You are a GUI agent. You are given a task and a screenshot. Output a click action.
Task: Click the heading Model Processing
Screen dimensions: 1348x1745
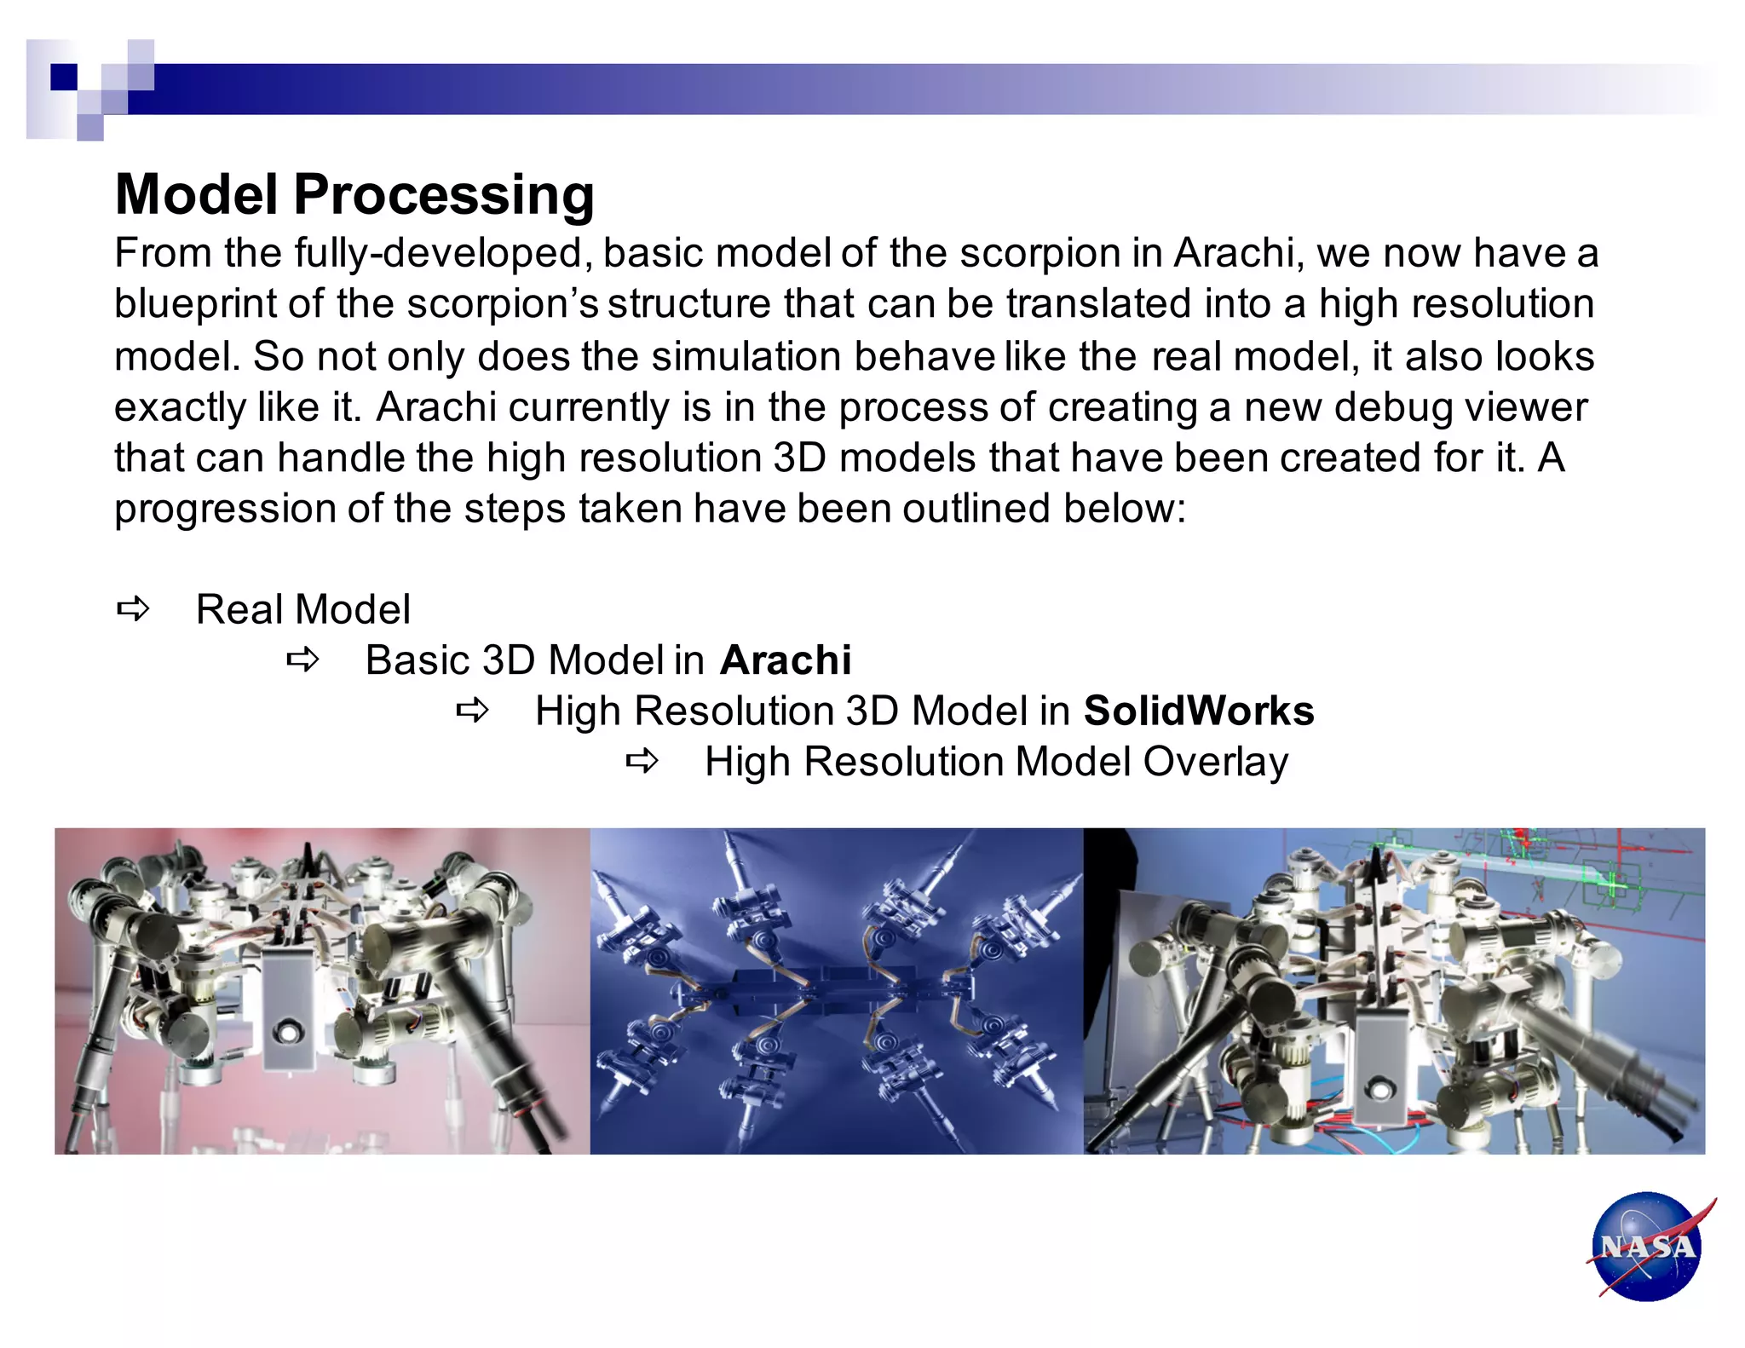click(x=354, y=194)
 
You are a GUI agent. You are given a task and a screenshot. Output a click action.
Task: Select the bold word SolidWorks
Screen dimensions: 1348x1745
click(x=1198, y=711)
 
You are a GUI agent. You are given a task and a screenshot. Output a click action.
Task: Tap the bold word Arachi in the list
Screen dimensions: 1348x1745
click(x=786, y=660)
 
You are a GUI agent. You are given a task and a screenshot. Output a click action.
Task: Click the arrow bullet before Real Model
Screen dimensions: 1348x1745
click(x=133, y=609)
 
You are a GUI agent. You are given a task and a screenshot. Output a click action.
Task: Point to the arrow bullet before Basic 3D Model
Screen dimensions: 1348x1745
click(x=302, y=660)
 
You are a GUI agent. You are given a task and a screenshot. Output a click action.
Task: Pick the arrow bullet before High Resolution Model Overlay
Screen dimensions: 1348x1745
click(x=642, y=761)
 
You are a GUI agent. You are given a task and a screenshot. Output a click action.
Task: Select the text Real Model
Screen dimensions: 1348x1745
click(x=302, y=610)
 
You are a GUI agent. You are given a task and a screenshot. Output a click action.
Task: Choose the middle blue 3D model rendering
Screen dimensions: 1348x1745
click(x=836, y=991)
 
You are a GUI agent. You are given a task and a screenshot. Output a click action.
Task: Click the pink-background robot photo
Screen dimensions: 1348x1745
click(x=322, y=991)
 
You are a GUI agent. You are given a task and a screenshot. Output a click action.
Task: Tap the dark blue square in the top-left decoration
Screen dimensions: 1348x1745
click(x=64, y=77)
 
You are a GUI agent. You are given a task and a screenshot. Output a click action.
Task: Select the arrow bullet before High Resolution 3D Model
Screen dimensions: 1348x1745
click(x=472, y=710)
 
